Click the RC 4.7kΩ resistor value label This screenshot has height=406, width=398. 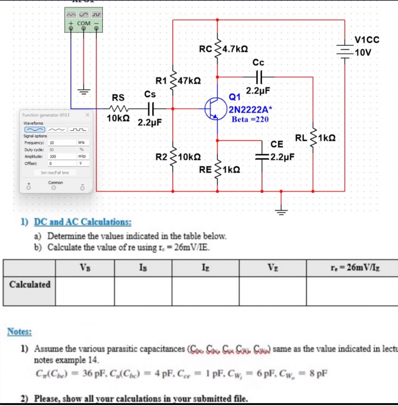[235, 49]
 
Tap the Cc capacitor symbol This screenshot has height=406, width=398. [258, 77]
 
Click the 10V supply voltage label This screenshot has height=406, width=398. [363, 53]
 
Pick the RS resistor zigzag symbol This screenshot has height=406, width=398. [118, 108]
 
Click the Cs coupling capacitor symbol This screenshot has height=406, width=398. [150, 108]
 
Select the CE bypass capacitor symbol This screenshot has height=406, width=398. [262, 156]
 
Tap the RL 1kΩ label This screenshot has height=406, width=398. [327, 138]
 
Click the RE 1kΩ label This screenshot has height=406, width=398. [231, 170]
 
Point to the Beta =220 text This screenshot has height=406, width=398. [250, 120]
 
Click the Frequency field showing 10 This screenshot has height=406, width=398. [63, 143]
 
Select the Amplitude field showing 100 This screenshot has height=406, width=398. [63, 156]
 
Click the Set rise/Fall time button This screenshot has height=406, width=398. [55, 173]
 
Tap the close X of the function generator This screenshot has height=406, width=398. [87, 115]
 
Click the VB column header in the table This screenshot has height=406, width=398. [85, 268]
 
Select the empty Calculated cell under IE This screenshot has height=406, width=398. [205, 291]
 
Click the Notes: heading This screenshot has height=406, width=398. [19, 332]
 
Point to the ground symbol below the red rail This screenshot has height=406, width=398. [282, 211]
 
